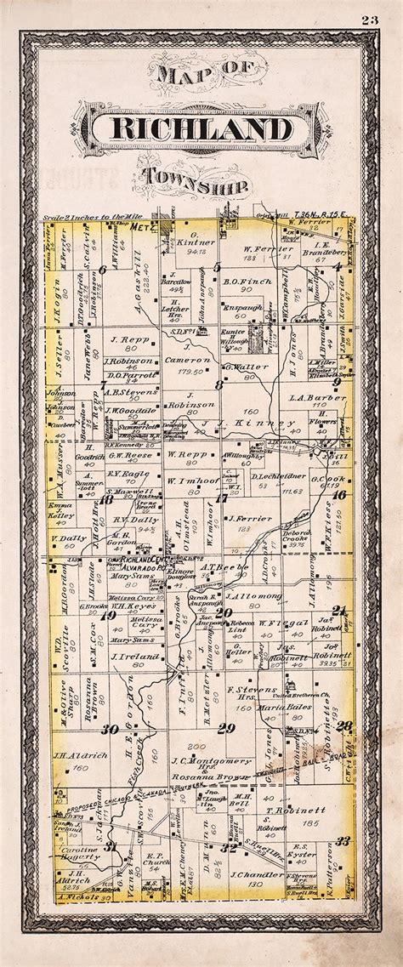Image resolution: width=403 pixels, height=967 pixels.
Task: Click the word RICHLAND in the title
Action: click(x=201, y=132)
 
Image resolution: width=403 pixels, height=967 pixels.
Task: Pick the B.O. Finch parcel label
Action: click(x=247, y=281)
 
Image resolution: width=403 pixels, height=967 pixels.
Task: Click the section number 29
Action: click(x=225, y=728)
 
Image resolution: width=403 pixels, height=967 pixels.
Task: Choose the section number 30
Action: click(x=110, y=729)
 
